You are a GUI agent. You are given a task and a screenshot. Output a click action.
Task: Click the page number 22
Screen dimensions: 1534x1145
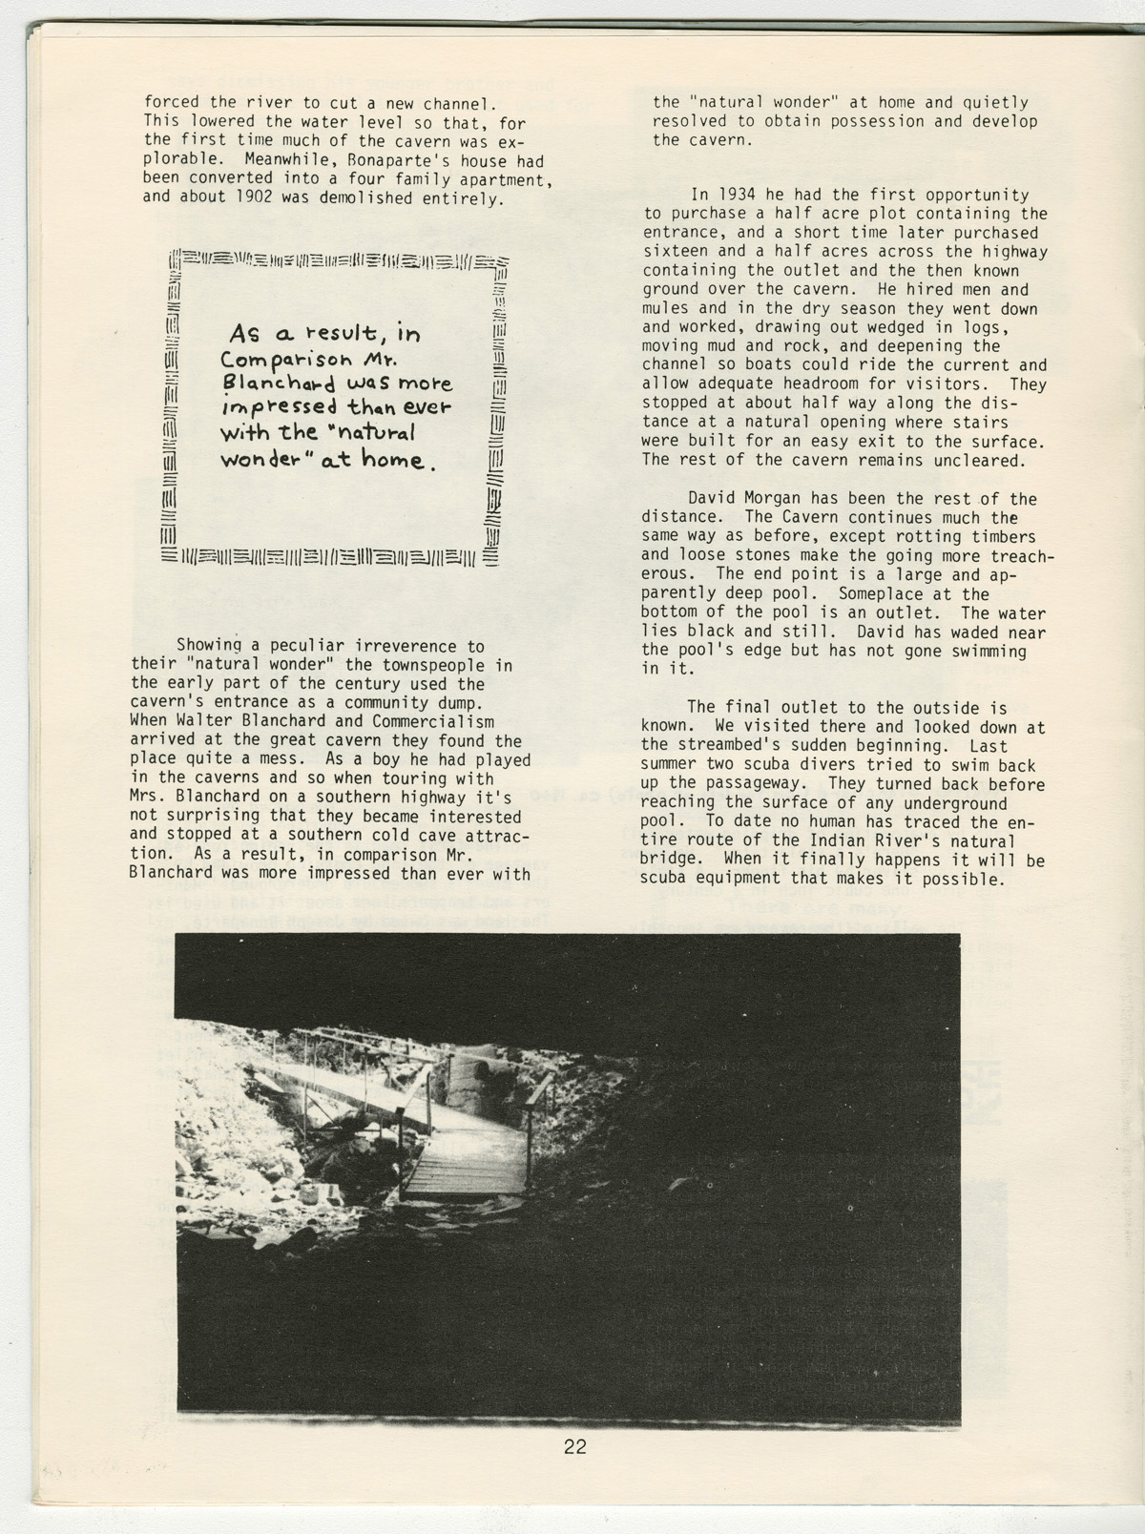pos(574,1446)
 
